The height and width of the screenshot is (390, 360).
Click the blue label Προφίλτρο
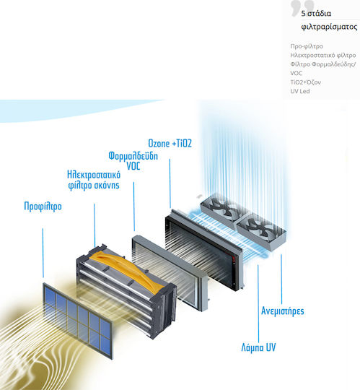43,207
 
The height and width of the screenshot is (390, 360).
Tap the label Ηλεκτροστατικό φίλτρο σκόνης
94,180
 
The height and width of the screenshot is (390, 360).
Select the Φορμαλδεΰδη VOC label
133,161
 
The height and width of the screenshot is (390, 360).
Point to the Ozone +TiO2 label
170,143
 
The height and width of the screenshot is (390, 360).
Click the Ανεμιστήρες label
283,311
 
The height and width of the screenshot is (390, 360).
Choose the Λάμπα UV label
258,347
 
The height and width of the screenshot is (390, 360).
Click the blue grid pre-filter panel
78,321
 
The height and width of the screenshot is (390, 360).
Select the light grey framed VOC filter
170,272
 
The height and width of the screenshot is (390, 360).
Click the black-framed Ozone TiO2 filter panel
204,250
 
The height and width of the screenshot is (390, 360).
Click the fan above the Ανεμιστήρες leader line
261,231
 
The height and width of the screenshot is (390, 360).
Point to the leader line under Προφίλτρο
43,253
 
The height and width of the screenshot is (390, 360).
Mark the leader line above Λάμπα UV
258,303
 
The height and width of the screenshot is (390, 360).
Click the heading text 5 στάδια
316,14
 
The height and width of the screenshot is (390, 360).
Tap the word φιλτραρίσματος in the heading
329,27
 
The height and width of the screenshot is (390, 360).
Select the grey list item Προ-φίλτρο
307,46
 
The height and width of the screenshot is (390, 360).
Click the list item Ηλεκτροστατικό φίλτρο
323,55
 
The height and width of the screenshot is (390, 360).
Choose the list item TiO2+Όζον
306,82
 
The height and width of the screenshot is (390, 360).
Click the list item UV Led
300,91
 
